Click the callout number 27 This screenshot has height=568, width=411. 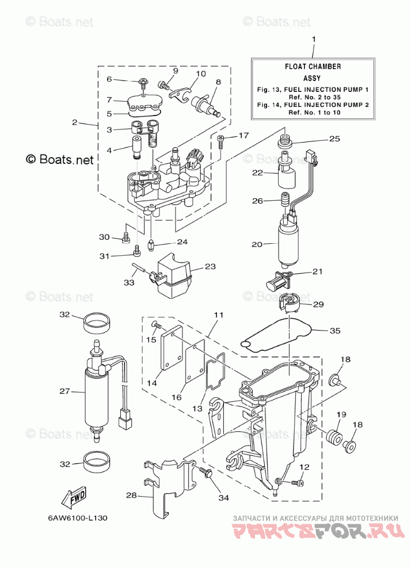[x=64, y=392]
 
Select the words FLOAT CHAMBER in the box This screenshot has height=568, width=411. [x=313, y=67]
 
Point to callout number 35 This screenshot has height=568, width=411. [x=335, y=331]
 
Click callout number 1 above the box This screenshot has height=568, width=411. [x=314, y=39]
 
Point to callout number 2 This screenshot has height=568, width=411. [x=75, y=122]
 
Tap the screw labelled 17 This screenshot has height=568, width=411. [x=220, y=141]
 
